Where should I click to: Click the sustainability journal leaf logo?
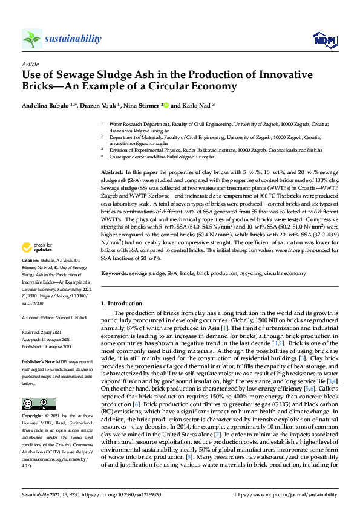[x=31, y=39]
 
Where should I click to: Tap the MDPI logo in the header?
[x=324, y=40]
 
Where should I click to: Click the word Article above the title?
[x=30, y=63]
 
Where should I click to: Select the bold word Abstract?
[x=113, y=173]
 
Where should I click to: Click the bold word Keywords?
[x=114, y=273]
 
